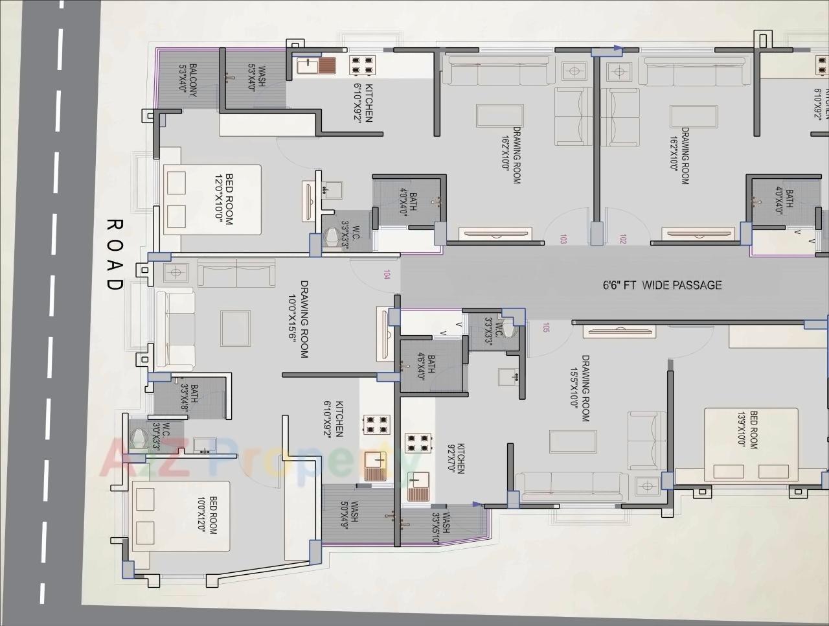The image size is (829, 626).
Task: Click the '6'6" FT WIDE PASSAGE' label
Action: [662, 285]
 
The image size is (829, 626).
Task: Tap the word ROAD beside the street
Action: [114, 255]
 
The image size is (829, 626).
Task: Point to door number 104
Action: [387, 275]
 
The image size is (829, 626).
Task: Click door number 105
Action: [546, 328]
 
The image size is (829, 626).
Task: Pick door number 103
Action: [563, 240]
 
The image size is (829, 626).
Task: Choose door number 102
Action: [623, 240]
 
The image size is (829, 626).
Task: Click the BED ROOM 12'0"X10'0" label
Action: [223, 199]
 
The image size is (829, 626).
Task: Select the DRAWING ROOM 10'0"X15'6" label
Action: [299, 319]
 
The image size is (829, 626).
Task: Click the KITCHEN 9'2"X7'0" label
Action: [456, 459]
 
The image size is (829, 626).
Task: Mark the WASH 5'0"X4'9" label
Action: [349, 511]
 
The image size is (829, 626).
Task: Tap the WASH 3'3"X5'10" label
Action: [440, 522]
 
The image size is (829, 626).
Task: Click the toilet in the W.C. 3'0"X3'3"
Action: [137, 439]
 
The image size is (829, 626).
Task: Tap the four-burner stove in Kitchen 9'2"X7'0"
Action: [418, 443]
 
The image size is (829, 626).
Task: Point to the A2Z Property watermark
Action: [259, 458]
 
